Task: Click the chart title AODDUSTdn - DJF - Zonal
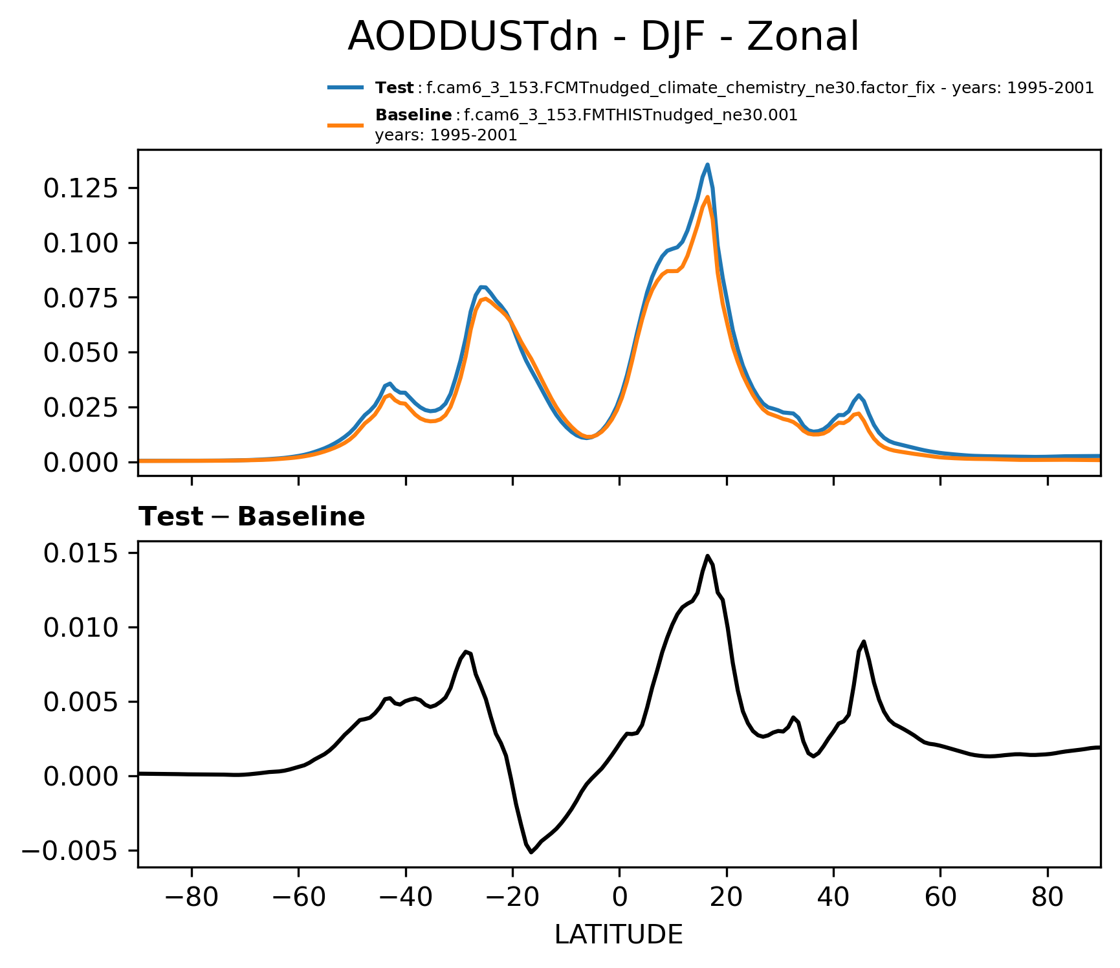click(x=603, y=36)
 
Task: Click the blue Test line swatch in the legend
click(x=346, y=88)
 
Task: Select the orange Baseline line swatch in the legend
click(x=346, y=125)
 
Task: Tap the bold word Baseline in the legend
click(x=413, y=115)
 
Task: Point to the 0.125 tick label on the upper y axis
click(x=81, y=188)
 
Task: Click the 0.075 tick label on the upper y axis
click(x=81, y=298)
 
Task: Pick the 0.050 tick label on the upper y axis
click(x=81, y=353)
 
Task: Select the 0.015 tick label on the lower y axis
click(x=81, y=553)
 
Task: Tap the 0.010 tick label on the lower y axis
click(x=81, y=628)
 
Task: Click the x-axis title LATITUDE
click(x=619, y=934)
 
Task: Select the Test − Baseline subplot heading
click(x=252, y=517)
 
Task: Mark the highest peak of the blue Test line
click(x=708, y=164)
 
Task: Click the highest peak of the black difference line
click(x=708, y=555)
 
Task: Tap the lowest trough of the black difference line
click(x=531, y=852)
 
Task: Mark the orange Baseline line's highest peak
click(x=708, y=197)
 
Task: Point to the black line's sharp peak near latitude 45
click(x=863, y=641)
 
